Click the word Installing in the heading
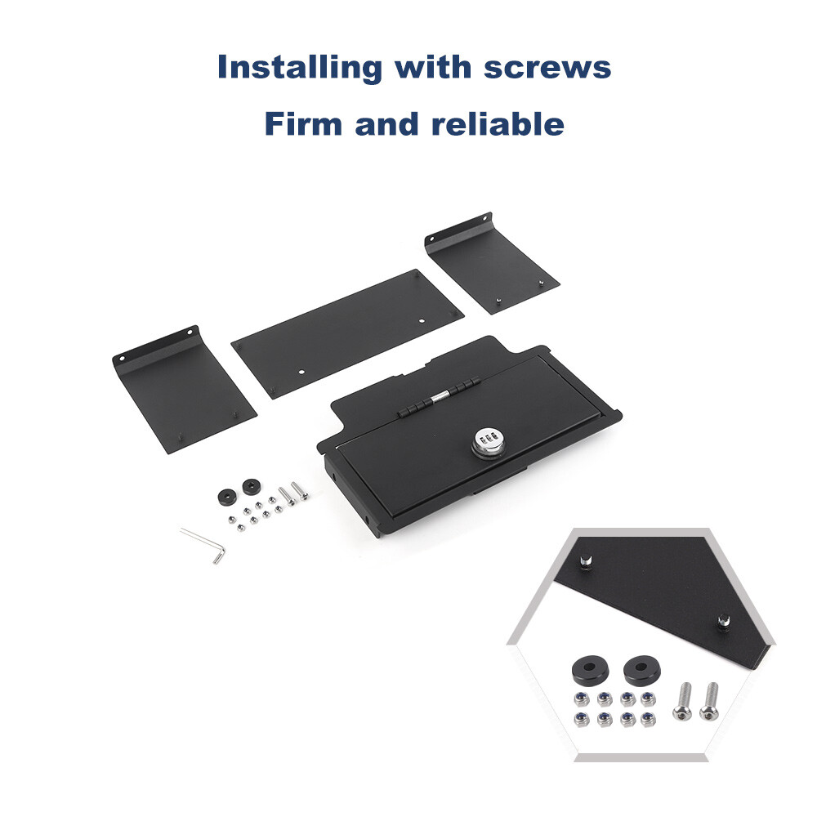click(x=300, y=68)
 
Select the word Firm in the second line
click(x=303, y=124)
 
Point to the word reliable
click(x=498, y=124)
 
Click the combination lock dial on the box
click(x=489, y=442)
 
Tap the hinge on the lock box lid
click(x=439, y=398)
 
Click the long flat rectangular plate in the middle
click(x=347, y=333)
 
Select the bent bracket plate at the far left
click(x=182, y=390)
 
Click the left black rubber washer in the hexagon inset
click(x=591, y=671)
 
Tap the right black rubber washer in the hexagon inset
click(x=642, y=670)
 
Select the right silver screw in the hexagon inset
click(x=709, y=701)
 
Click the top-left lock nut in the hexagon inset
click(x=582, y=699)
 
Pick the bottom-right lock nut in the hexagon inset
click(x=648, y=720)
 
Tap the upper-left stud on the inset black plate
click(x=586, y=562)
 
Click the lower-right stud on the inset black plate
click(x=723, y=622)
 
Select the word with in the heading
click(x=432, y=67)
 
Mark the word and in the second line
click(x=387, y=124)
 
